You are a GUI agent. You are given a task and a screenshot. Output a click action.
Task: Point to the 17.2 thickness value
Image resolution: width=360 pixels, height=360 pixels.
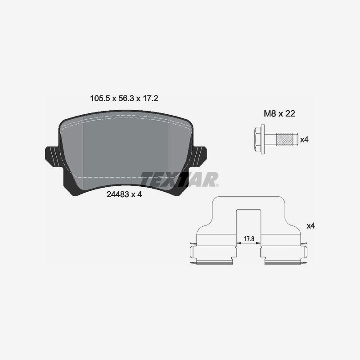click(150, 99)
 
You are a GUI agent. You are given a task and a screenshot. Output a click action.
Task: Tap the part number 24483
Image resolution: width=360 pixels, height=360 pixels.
click(117, 194)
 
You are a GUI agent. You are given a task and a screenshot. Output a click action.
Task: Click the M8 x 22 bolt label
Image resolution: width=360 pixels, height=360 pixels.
click(279, 113)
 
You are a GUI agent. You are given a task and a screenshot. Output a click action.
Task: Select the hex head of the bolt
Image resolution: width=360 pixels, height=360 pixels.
click(257, 139)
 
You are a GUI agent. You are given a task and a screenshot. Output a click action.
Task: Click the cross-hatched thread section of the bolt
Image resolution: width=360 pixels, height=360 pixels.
click(284, 139)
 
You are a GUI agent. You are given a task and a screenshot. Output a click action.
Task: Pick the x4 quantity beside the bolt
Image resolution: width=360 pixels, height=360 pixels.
click(305, 139)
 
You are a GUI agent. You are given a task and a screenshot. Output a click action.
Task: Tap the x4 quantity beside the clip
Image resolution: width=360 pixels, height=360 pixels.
click(311, 226)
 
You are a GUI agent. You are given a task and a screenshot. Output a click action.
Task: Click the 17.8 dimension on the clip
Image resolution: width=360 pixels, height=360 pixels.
click(249, 239)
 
